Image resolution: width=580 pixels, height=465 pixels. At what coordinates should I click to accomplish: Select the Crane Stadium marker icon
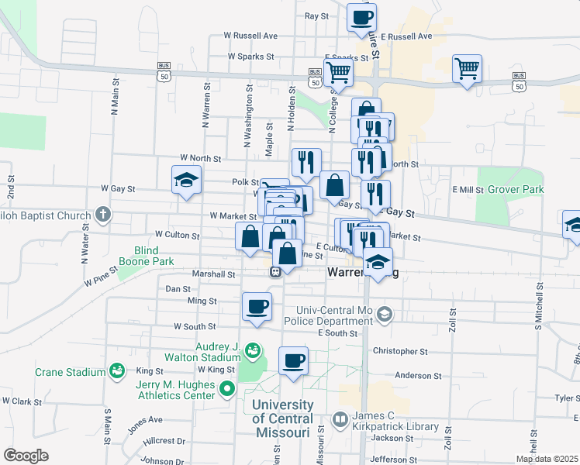[116, 372]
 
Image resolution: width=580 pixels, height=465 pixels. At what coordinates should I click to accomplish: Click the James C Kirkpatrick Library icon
[340, 420]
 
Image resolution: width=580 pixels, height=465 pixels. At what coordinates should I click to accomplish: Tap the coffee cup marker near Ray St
[361, 18]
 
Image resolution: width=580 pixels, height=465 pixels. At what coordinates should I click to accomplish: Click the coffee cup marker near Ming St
[257, 306]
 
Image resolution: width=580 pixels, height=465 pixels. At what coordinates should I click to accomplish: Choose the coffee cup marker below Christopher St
[293, 360]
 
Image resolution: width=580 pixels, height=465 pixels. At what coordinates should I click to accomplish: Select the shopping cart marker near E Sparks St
[338, 72]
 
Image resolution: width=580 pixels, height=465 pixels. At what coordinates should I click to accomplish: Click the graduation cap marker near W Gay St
[186, 181]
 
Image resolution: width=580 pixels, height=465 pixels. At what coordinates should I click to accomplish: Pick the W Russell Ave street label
[250, 36]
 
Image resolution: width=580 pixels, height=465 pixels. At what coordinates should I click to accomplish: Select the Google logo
[26, 456]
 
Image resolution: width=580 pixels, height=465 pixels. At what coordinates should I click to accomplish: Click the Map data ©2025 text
[547, 459]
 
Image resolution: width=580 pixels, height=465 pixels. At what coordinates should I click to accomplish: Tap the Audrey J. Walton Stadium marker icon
[253, 350]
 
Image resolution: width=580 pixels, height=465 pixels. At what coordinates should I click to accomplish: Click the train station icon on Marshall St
[274, 273]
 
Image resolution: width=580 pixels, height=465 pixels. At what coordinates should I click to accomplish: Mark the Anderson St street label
[417, 376]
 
